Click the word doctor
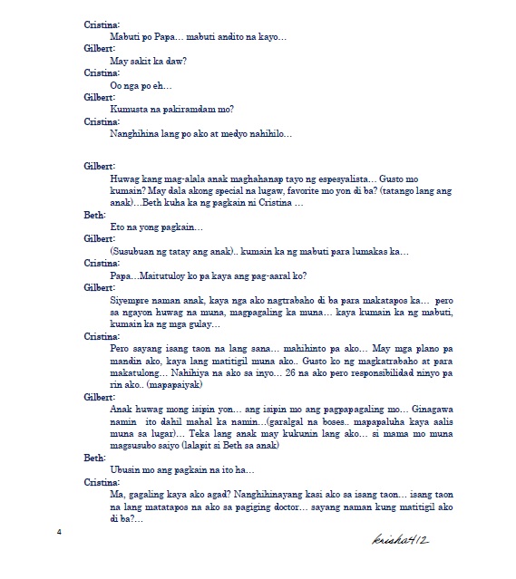tap(283, 509)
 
